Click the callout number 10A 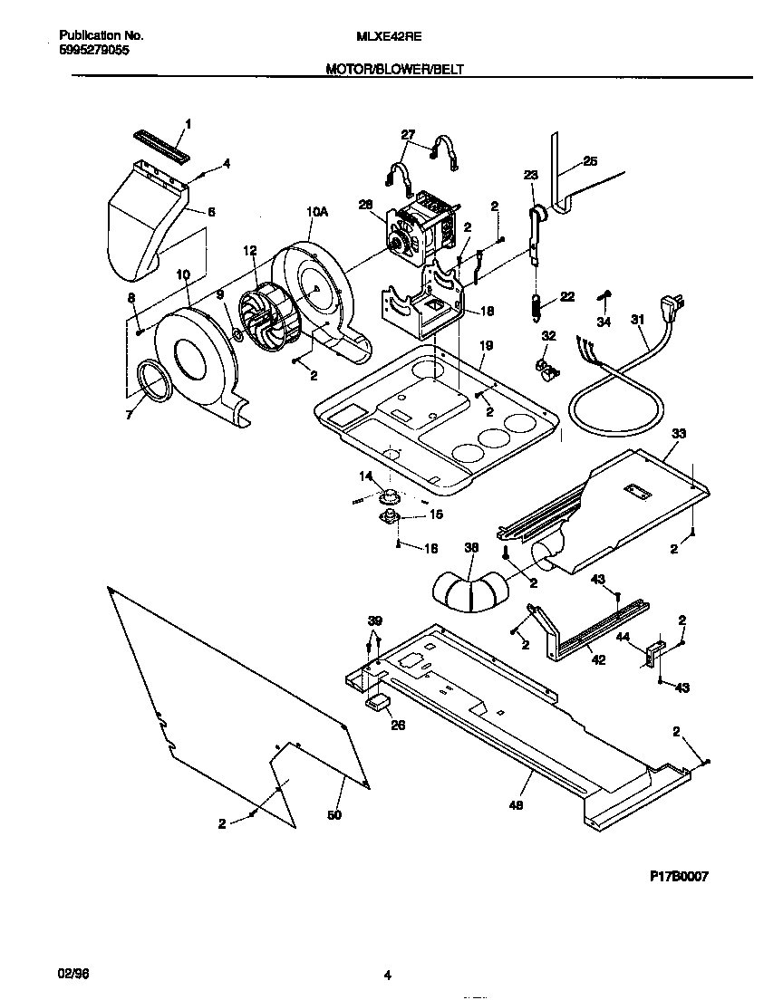point(315,211)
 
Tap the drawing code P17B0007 point(679,876)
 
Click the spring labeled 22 point(536,307)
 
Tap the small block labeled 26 point(376,702)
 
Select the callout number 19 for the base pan point(486,345)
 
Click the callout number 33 point(679,434)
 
